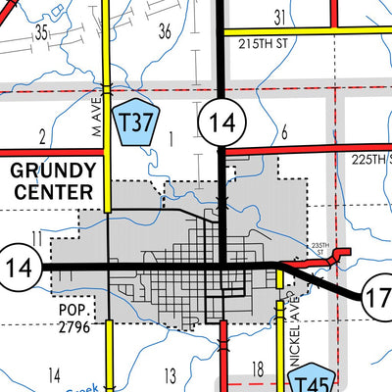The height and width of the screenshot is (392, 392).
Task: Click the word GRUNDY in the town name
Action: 52,169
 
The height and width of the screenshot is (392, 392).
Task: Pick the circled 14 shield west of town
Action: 19,266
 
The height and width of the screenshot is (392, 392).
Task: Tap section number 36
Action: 164,31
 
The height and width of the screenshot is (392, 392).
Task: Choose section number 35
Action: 40,32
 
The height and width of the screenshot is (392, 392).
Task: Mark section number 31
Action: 280,16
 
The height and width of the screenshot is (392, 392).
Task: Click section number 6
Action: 283,133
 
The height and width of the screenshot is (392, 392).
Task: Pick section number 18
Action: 258,368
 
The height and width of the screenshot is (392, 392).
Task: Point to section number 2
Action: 42,135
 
